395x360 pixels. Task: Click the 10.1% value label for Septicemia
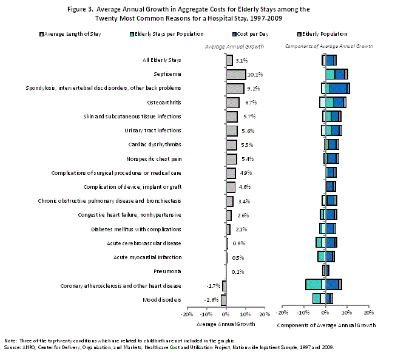click(x=255, y=75)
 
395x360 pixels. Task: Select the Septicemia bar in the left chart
click(x=235, y=75)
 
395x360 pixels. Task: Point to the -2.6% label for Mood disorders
click(x=211, y=300)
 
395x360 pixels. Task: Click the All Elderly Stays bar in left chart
click(x=229, y=61)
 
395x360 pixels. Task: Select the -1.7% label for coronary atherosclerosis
click(x=212, y=286)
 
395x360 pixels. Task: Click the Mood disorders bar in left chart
click(x=223, y=300)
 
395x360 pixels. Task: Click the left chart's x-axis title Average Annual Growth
click(x=226, y=324)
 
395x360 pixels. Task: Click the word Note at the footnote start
click(x=10, y=341)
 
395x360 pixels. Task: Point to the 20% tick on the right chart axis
click(x=368, y=314)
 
